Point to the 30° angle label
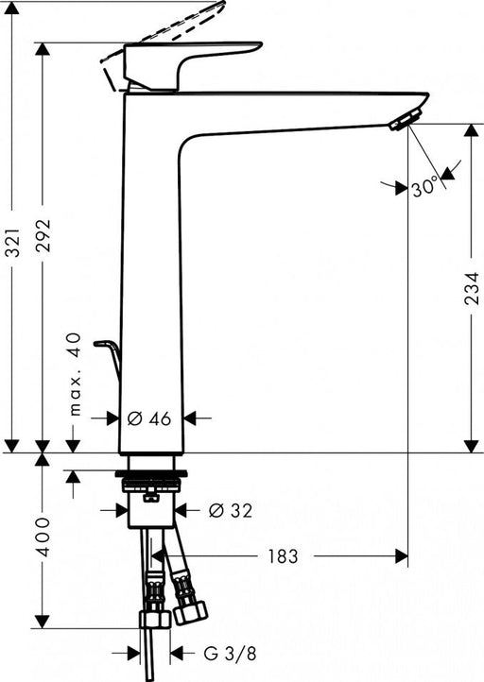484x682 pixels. (x=424, y=188)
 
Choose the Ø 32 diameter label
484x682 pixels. (x=231, y=510)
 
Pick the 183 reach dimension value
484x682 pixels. (x=281, y=556)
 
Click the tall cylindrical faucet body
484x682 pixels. (x=151, y=283)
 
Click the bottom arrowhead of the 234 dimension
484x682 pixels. (x=471, y=445)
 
